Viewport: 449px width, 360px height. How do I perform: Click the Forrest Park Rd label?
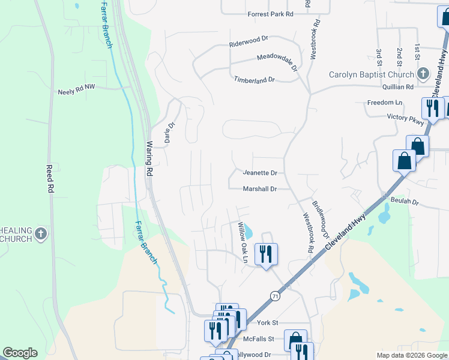(270, 14)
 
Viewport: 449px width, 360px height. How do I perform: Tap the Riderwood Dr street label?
(248, 41)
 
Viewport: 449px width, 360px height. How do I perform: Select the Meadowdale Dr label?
(277, 61)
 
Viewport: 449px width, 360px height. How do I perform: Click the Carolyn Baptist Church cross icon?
(423, 74)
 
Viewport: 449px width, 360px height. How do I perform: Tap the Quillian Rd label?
(401, 86)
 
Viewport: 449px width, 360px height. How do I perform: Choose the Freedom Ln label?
(384, 103)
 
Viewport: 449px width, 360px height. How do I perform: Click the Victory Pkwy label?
(405, 118)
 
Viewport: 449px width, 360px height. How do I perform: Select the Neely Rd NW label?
(77, 92)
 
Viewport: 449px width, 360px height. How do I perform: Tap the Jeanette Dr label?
(260, 173)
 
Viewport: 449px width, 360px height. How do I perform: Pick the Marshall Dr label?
(259, 189)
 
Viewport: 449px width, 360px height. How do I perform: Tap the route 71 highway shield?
(274, 296)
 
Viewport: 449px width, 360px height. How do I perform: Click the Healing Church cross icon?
(41, 234)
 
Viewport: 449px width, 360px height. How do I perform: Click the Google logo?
(20, 353)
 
